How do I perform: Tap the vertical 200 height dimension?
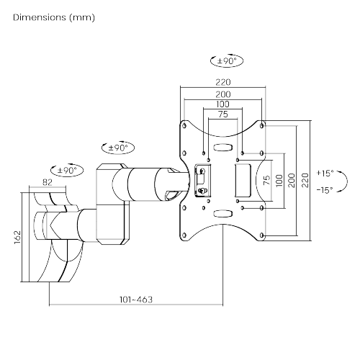click(x=291, y=180)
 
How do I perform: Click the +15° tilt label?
click(x=325, y=174)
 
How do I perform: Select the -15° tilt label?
click(x=325, y=189)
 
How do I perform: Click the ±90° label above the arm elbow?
click(x=117, y=148)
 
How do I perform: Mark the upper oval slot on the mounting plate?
click(x=222, y=148)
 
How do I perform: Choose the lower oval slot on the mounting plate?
click(x=222, y=213)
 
